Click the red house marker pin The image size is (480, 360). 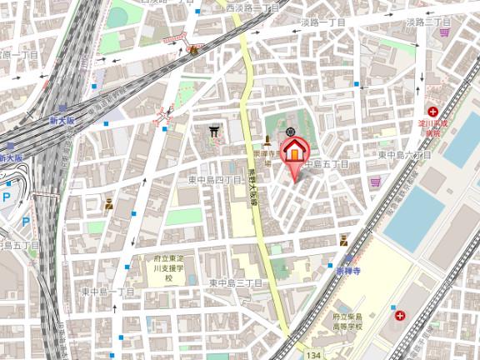293,152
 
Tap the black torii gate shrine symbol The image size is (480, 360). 214,131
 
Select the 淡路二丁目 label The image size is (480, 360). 427,22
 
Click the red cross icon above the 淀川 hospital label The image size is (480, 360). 432,111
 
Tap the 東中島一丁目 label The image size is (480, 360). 107,291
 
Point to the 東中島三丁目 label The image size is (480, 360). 236,283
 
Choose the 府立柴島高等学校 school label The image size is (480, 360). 358,322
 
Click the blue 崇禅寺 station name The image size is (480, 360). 347,272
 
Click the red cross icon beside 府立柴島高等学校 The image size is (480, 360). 401,315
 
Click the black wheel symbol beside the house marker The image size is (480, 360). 290,132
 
